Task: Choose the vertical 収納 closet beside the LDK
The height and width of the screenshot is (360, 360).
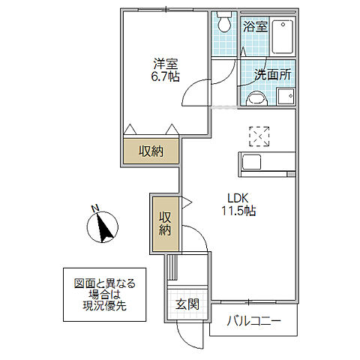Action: coord(165,223)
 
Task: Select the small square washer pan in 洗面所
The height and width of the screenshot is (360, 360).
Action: coord(283,97)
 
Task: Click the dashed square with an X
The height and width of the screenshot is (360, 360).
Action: coord(259,135)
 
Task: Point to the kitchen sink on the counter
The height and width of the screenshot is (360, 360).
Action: coord(250,161)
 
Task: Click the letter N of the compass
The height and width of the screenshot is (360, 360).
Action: coord(94,209)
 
